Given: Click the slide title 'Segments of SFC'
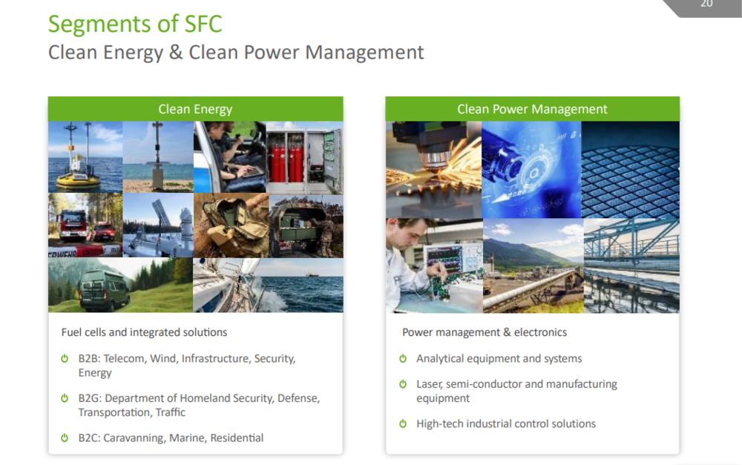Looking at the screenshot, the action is point(135,24).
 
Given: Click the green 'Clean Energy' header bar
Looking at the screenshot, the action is point(195,109).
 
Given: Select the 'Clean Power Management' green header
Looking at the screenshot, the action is point(532,109).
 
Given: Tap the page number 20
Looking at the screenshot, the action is point(706,4).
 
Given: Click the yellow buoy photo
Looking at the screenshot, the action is point(85,157).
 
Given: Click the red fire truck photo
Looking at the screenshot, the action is point(85,225).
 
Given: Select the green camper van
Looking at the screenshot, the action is point(104,289).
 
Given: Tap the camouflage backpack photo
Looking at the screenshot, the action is point(231,225).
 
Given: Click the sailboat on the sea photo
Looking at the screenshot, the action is point(268,286).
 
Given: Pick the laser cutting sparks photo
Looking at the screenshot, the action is point(433,170).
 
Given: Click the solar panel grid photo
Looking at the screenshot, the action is point(630,170).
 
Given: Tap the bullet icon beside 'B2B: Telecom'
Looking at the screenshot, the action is point(65,358).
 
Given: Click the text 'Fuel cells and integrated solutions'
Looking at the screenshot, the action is point(144,332).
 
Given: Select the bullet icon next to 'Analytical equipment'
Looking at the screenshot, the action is point(403,358).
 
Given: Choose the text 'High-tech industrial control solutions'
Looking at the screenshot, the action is point(506,424).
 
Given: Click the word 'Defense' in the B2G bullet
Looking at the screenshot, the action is point(298,398).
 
